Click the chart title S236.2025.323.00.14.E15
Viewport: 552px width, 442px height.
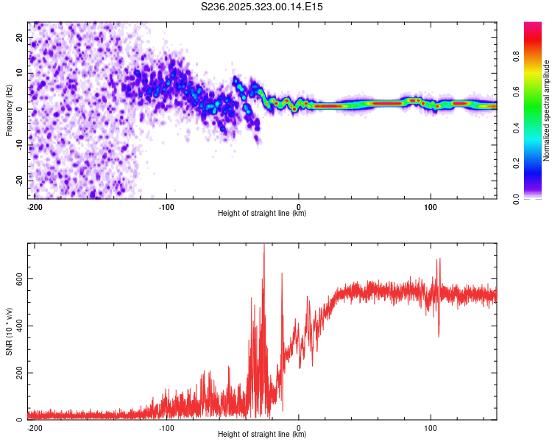pyautogui.click(x=261, y=7)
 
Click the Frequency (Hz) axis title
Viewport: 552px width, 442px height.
pyautogui.click(x=9, y=110)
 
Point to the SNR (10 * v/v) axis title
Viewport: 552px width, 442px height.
pyautogui.click(x=9, y=331)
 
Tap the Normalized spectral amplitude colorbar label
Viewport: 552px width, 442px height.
pyautogui.click(x=546, y=110)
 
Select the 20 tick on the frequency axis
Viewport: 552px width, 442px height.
pyautogui.click(x=19, y=37)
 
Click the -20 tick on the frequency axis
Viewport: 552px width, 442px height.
pyautogui.click(x=19, y=180)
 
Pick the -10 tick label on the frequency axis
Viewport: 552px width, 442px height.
pyautogui.click(x=19, y=145)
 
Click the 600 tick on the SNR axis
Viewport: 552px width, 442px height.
pyautogui.click(x=19, y=278)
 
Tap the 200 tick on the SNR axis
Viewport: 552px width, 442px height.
pyautogui.click(x=19, y=373)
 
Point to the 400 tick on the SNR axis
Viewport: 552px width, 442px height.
pyautogui.click(x=19, y=326)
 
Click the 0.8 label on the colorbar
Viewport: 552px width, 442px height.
pyautogui.click(x=516, y=56)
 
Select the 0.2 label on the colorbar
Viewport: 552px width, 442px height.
pyautogui.click(x=516, y=164)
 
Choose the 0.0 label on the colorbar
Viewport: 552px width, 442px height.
pyautogui.click(x=516, y=199)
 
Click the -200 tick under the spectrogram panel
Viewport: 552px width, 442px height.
pyautogui.click(x=35, y=207)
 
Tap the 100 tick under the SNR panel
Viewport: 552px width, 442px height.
pyautogui.click(x=431, y=428)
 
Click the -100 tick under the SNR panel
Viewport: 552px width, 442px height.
pyautogui.click(x=166, y=428)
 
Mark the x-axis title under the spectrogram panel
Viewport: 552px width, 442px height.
pyautogui.click(x=262, y=213)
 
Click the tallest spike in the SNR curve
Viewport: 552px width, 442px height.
pyautogui.click(x=264, y=245)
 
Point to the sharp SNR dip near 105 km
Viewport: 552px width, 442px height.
pyautogui.click(x=439, y=336)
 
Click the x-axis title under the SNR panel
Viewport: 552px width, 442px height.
pyautogui.click(x=262, y=434)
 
